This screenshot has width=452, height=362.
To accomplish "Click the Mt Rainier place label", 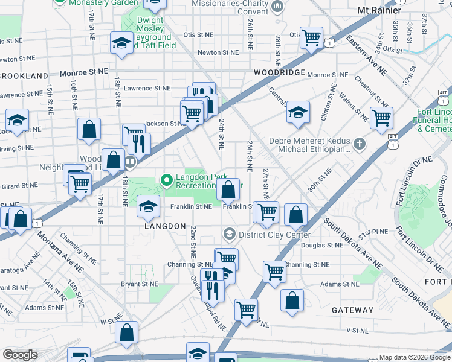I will [379, 10].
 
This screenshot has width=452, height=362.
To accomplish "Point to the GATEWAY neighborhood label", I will [352, 310].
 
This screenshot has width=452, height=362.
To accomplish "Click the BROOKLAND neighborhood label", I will [24, 76].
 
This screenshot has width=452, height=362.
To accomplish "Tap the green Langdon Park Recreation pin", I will [167, 180].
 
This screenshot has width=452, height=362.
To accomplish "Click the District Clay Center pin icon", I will [229, 233].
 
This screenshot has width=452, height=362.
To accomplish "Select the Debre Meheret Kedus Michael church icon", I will [360, 144].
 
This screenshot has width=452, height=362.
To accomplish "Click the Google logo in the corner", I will [21, 355].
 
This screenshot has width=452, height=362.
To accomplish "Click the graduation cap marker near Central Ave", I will [298, 112].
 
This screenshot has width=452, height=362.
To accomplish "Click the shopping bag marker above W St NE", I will [127, 332].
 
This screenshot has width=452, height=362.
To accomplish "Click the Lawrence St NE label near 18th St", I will [147, 88].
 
